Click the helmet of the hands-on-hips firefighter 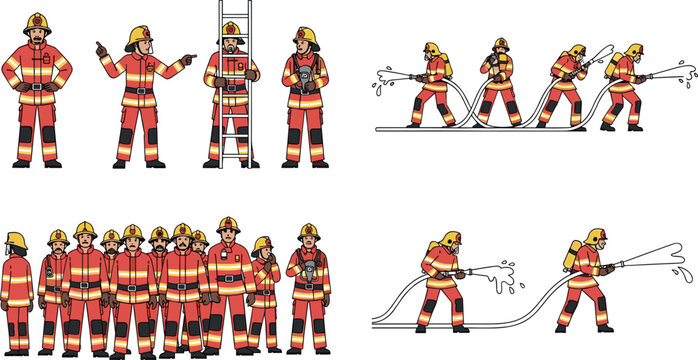(37, 22)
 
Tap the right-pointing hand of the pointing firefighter (189, 58)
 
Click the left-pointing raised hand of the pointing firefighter (100, 47)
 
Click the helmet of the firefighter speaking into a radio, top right (499, 45)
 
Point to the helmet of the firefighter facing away (15, 240)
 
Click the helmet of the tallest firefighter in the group (228, 224)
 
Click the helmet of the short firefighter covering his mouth (262, 244)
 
